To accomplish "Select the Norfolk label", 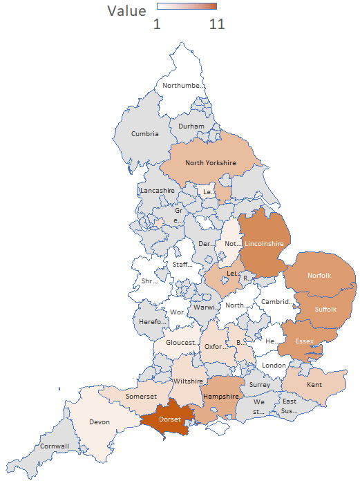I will [x=320, y=275].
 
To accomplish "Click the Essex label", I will [x=305, y=341].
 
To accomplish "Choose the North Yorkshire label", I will [x=211, y=163].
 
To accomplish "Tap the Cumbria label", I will [x=145, y=133].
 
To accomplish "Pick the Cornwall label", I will [x=55, y=446].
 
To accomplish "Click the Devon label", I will [x=100, y=422].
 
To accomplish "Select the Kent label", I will [x=314, y=384].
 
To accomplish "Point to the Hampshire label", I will [x=221, y=397].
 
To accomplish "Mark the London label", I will [x=274, y=365].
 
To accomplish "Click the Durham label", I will [x=191, y=126].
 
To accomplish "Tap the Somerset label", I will [x=141, y=397].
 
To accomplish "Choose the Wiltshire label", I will [x=187, y=381].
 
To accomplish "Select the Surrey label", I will [x=260, y=385].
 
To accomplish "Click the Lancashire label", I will [x=158, y=190].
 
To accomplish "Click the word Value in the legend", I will [x=127, y=11].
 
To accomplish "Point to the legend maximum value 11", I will [x=217, y=24].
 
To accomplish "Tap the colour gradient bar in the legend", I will [x=187, y=7].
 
